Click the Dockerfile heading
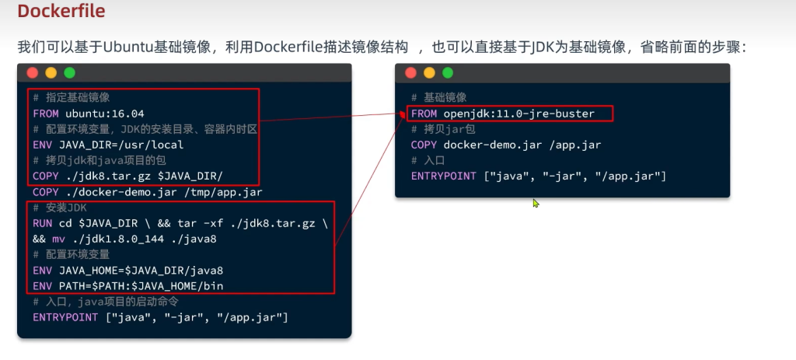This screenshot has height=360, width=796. pos(61,12)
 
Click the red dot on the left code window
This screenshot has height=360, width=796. pos(33,73)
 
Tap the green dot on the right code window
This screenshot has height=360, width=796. pos(447,73)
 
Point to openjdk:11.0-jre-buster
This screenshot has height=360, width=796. pos(518,114)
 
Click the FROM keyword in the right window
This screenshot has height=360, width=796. pos(424,114)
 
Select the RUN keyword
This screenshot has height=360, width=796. pos(43,223)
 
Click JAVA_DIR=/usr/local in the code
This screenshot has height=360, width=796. pos(110,145)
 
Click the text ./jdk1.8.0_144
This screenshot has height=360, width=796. pos(113,239)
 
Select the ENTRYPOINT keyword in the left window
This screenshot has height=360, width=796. pos(65,317)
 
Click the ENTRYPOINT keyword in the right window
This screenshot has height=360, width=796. pos(443,176)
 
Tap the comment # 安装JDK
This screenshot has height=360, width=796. pos(60,208)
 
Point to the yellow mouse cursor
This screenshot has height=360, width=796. pos(536,203)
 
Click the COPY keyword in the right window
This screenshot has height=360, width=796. pos(424,145)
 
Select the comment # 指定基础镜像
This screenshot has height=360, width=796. pos(72,98)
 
